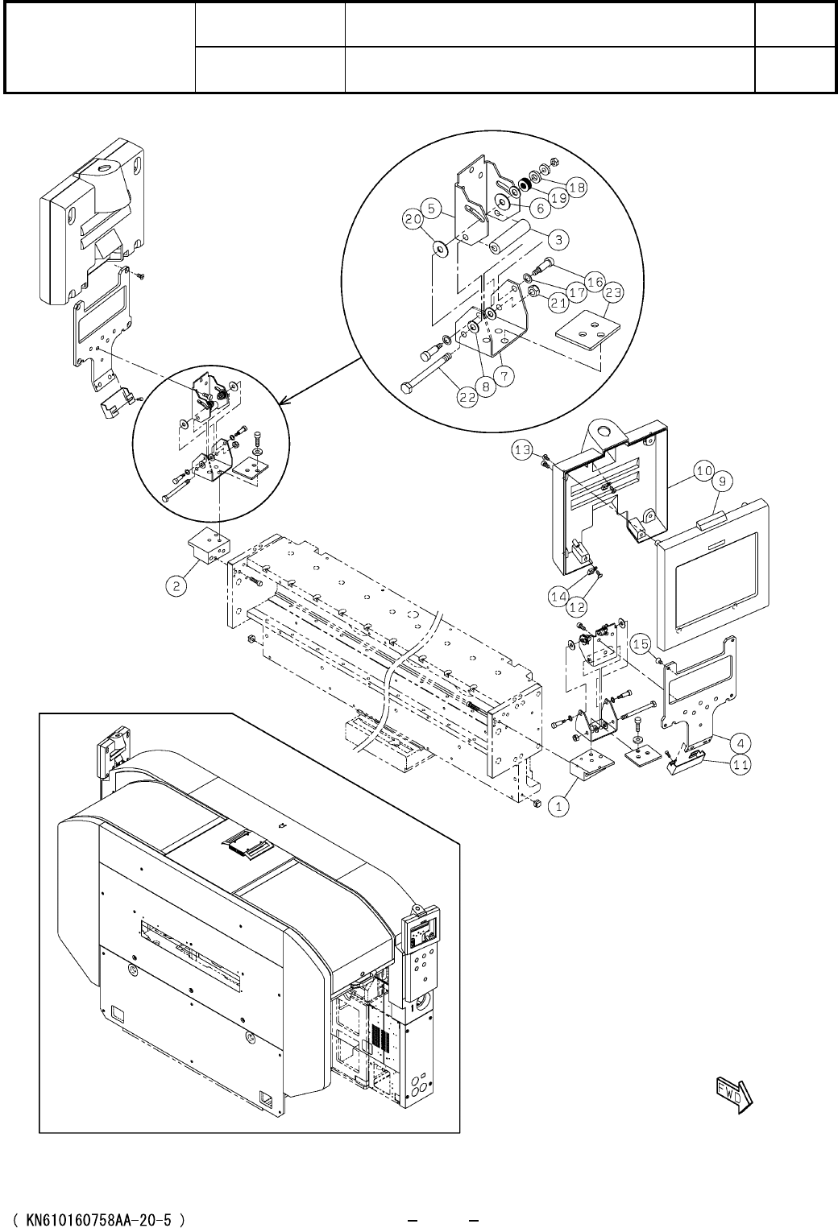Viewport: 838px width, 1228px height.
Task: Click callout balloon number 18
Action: pyautogui.click(x=576, y=187)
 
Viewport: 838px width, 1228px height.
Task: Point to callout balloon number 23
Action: pyautogui.click(x=613, y=294)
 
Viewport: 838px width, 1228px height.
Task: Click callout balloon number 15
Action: pyautogui.click(x=641, y=644)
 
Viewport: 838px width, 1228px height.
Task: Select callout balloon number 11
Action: pyautogui.click(x=741, y=766)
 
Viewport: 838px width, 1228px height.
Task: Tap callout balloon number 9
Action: pyautogui.click(x=722, y=482)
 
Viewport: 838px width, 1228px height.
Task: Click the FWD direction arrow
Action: pyautogui.click(x=733, y=1091)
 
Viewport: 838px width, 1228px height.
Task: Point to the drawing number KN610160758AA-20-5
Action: pyautogui.click(x=100, y=1198)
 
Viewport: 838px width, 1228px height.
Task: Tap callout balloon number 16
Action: pyautogui.click(x=595, y=282)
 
